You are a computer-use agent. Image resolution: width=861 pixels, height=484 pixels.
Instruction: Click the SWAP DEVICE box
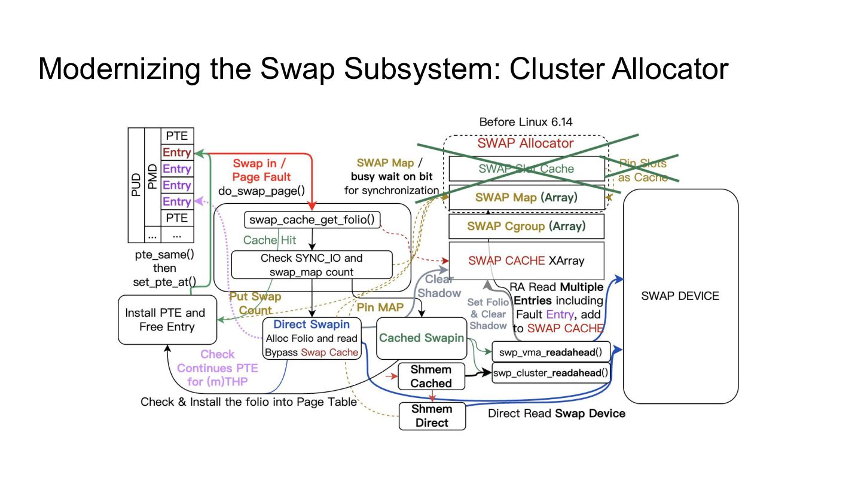(x=680, y=296)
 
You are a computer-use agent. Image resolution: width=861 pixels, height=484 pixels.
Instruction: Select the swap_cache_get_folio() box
(x=312, y=220)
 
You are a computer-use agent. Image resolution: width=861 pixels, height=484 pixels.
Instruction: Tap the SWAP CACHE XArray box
(x=526, y=261)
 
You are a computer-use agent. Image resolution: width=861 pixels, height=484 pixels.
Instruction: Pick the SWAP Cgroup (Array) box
(x=526, y=226)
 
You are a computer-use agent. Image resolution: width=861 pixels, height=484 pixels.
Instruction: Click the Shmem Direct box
(x=432, y=416)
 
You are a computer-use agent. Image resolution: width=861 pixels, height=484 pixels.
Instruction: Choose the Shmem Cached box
(x=431, y=376)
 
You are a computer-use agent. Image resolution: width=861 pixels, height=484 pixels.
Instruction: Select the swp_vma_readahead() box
(x=551, y=353)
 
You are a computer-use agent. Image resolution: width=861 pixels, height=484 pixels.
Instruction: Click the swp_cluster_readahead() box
(x=551, y=373)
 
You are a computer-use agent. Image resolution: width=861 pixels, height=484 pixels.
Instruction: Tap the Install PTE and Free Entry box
(x=167, y=320)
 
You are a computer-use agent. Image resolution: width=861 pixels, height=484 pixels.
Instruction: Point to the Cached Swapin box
(x=422, y=338)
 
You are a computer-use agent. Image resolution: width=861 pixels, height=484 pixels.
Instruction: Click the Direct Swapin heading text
(x=312, y=324)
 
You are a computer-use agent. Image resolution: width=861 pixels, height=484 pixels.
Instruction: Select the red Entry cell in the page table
(x=177, y=152)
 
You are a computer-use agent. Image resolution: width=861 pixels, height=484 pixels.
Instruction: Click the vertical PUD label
(x=136, y=185)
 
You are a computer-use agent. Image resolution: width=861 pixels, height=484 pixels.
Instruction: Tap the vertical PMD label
(x=152, y=177)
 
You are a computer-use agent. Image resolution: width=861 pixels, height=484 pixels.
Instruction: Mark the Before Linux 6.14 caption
(x=526, y=122)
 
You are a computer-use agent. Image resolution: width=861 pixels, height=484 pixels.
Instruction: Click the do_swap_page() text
(x=261, y=191)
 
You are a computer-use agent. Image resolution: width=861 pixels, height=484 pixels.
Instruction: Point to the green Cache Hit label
(x=270, y=240)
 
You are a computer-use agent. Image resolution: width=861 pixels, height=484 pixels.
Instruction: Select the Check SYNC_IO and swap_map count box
(x=312, y=265)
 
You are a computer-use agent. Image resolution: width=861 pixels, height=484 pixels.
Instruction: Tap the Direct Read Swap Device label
(x=557, y=413)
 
